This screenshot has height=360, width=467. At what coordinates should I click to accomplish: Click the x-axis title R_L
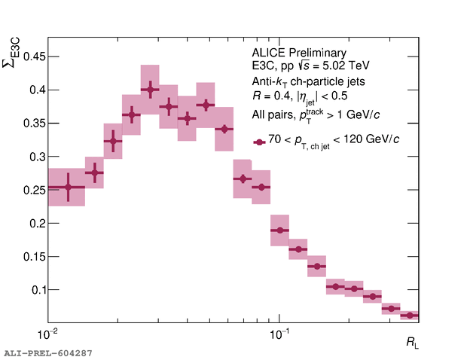pyautogui.click(x=412, y=343)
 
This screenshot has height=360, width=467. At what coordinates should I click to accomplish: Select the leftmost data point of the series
pyautogui.click(x=69, y=187)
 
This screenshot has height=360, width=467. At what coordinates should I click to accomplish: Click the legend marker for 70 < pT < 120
pyautogui.click(x=259, y=142)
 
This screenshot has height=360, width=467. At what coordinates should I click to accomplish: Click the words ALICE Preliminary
pyautogui.click(x=299, y=53)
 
